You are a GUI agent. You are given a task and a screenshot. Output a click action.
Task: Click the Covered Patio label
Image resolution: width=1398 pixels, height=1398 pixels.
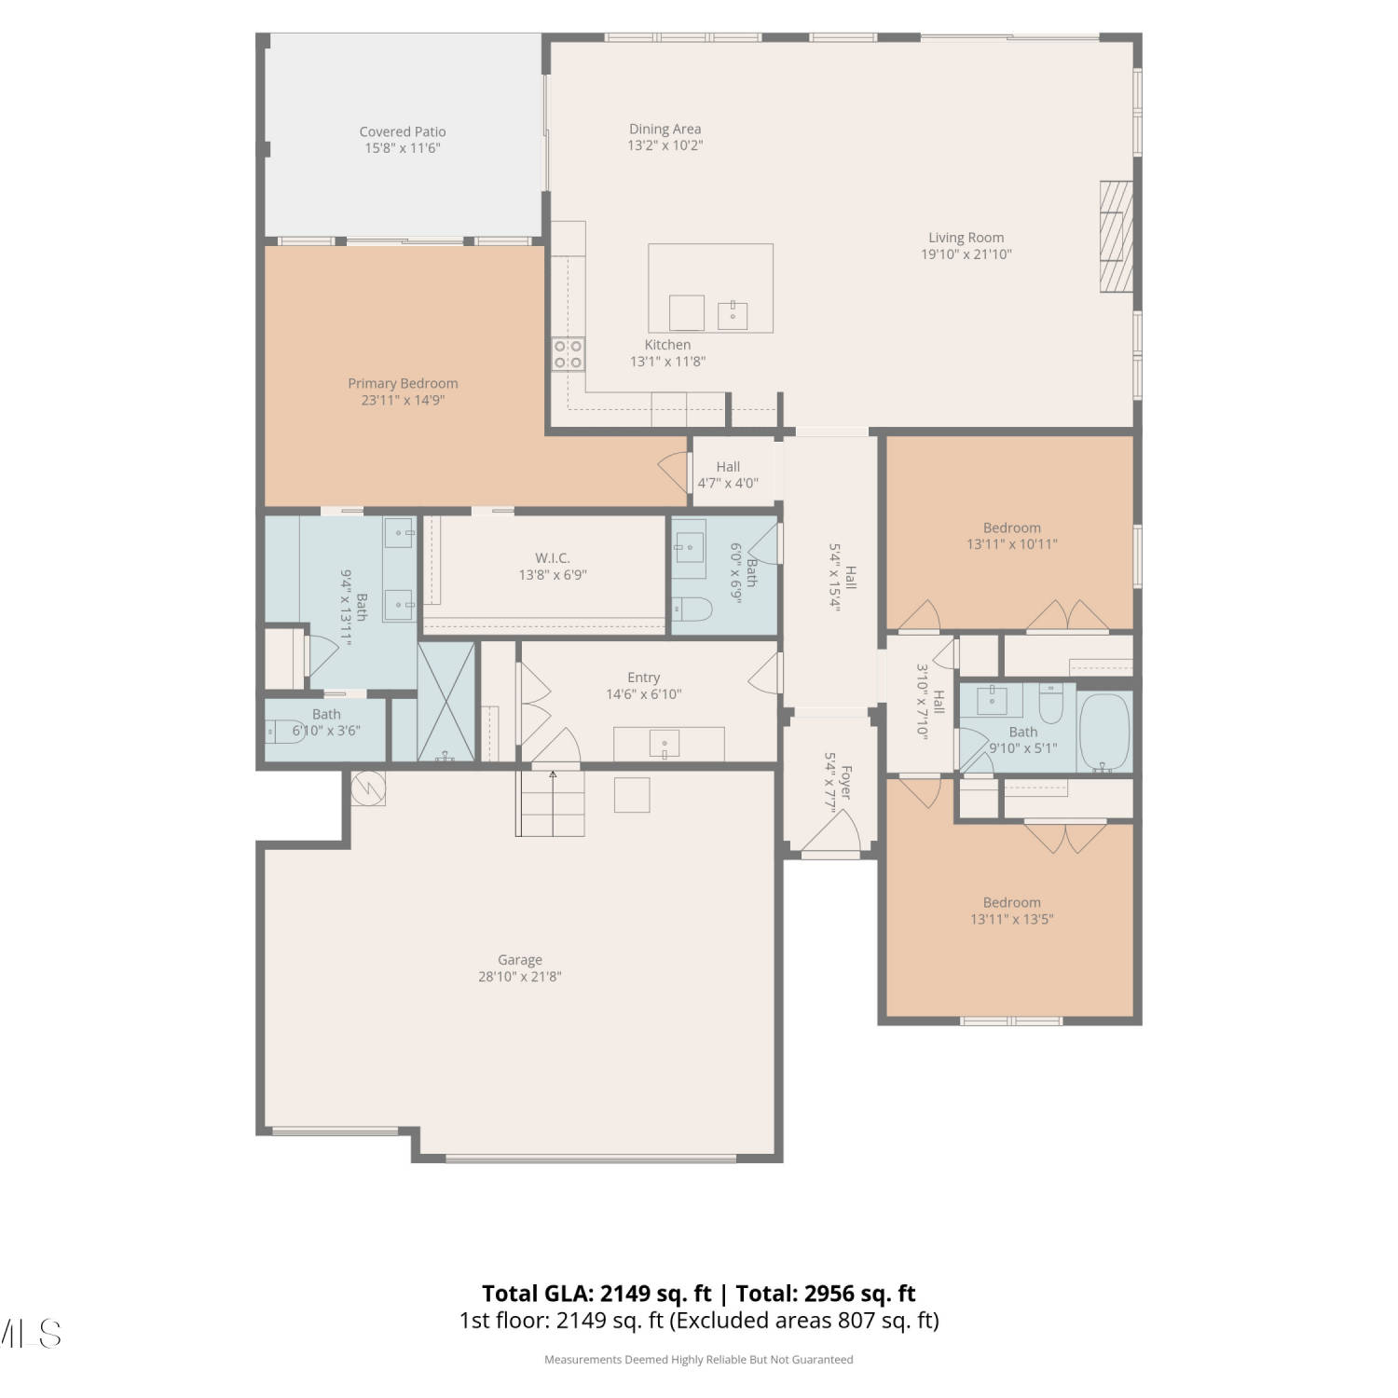point(403,132)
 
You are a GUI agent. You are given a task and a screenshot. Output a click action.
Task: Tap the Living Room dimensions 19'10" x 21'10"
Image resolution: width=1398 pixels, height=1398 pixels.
point(966,254)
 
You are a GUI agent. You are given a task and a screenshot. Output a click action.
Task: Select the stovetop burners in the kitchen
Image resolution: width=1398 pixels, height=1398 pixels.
point(568,353)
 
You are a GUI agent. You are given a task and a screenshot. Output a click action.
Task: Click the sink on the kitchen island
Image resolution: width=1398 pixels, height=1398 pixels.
point(733,315)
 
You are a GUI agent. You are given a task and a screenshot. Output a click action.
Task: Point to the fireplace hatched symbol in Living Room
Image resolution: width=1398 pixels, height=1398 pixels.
point(1116,237)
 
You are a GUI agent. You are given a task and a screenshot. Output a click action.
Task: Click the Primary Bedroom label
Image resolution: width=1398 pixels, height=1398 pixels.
point(403,384)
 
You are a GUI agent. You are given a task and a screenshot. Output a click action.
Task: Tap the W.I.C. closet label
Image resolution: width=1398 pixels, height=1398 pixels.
point(553,558)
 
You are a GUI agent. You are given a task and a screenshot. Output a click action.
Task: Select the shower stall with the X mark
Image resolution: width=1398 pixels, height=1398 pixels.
point(446,701)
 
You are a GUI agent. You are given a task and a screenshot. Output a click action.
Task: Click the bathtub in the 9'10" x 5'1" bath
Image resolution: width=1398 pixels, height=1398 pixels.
point(1104,732)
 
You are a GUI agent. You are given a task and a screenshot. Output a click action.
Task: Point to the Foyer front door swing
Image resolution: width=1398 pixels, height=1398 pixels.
point(830,831)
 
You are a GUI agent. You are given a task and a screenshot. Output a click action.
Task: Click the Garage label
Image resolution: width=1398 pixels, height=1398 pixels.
point(520,960)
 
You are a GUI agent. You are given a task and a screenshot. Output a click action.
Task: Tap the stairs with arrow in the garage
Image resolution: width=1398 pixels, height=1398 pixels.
point(552,802)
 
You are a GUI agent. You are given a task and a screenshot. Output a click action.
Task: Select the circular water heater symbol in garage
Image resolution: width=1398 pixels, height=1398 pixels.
point(369,788)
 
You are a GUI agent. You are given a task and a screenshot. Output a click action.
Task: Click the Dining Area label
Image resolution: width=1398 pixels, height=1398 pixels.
point(665,130)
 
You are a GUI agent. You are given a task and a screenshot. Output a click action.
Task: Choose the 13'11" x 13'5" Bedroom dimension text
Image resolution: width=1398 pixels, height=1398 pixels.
point(1012,920)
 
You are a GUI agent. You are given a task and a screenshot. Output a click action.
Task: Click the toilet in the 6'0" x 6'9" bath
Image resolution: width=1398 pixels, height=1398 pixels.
point(692,610)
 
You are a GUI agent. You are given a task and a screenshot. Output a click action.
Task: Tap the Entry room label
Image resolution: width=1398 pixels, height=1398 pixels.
point(644,678)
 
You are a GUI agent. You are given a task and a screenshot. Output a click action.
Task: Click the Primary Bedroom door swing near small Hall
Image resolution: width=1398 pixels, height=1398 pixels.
point(674,472)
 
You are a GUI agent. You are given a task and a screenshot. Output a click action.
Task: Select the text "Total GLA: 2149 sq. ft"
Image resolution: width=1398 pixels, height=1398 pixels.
point(596,1294)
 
